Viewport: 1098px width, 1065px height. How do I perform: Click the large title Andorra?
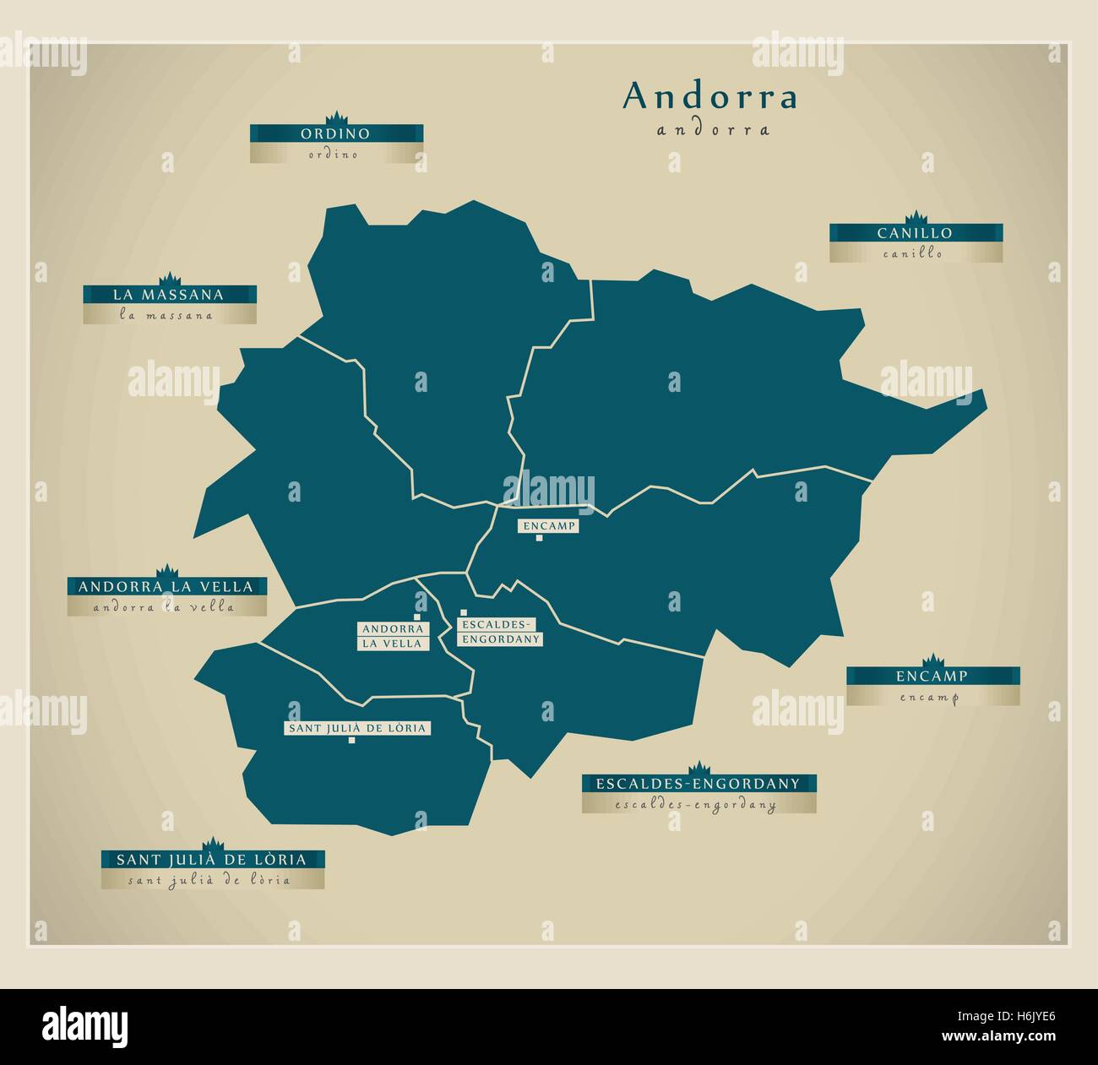[x=709, y=97]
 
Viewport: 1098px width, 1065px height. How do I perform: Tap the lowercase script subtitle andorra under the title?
[x=712, y=131]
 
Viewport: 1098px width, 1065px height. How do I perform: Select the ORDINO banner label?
[x=335, y=133]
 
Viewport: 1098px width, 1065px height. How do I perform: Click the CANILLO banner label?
[x=915, y=233]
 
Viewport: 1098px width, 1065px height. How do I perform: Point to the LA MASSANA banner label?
[x=169, y=295]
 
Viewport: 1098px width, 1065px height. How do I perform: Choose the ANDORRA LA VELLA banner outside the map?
[x=166, y=586]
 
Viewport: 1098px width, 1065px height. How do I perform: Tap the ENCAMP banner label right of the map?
[x=932, y=676]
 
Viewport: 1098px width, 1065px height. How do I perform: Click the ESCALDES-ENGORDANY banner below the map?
[x=698, y=783]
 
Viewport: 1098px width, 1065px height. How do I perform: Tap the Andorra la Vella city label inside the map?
[x=393, y=636]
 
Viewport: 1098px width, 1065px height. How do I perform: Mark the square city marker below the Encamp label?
[x=539, y=538]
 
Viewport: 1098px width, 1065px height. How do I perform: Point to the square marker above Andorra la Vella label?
[x=417, y=617]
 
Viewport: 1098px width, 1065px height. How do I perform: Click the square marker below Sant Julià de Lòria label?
[x=351, y=741]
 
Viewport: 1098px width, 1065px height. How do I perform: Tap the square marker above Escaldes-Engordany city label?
[x=463, y=613]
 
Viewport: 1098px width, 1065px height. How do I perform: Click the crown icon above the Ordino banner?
[x=335, y=117]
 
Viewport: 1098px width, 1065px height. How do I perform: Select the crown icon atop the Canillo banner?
[x=915, y=217]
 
